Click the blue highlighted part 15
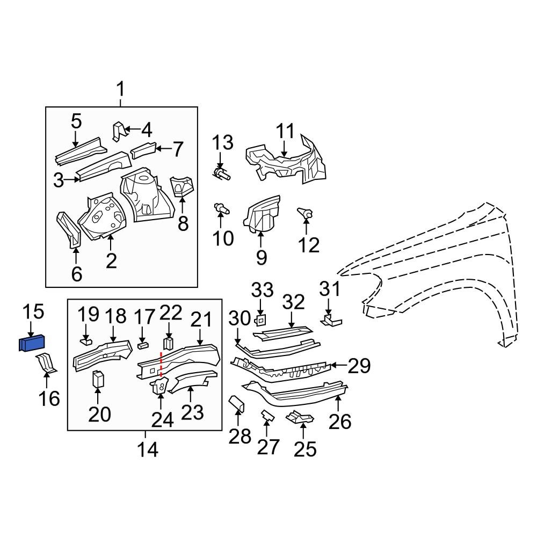32,343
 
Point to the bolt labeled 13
221,173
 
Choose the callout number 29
359,366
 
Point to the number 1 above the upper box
120,89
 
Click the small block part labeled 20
98,379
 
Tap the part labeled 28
237,403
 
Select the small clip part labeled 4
118,130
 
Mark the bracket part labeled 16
47,362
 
